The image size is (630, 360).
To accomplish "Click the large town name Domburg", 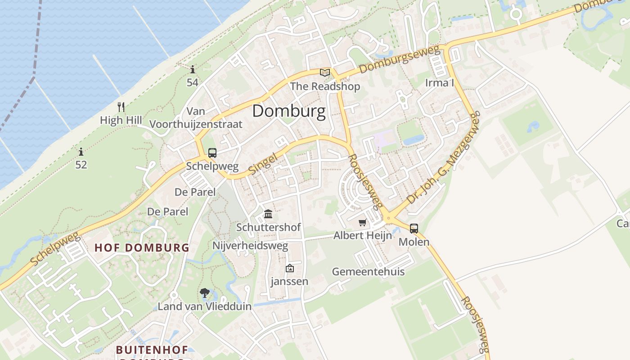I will pyautogui.click(x=288, y=111).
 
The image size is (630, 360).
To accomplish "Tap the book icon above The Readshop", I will pyautogui.click(x=325, y=72).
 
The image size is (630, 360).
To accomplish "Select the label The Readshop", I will pyautogui.click(x=325, y=86).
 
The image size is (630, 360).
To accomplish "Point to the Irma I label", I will pyautogui.click(x=440, y=83).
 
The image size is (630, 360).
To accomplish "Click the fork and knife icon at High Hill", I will pyautogui.click(x=121, y=107).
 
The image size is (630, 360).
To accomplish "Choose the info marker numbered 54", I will pyautogui.click(x=193, y=70).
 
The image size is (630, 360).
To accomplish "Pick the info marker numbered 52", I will pyautogui.click(x=81, y=152).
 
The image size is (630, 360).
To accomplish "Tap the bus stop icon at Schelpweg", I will pyautogui.click(x=212, y=153).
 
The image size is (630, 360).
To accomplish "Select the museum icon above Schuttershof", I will pyautogui.click(x=268, y=214).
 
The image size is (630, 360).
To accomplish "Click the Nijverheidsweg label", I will pyautogui.click(x=250, y=246).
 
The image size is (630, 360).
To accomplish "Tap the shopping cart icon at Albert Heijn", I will pyautogui.click(x=363, y=223).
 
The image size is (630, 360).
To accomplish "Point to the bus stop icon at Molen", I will pyautogui.click(x=414, y=229).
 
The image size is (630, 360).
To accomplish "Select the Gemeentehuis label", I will pyautogui.click(x=368, y=272).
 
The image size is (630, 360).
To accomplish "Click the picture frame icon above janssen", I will pyautogui.click(x=289, y=269).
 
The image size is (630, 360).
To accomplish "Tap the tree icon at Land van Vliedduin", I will pyautogui.click(x=205, y=293).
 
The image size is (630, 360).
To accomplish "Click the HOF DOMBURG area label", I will pyautogui.click(x=142, y=247).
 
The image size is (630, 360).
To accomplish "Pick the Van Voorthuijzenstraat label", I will pyautogui.click(x=196, y=118).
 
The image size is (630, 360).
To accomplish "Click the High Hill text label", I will pyautogui.click(x=121, y=121).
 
